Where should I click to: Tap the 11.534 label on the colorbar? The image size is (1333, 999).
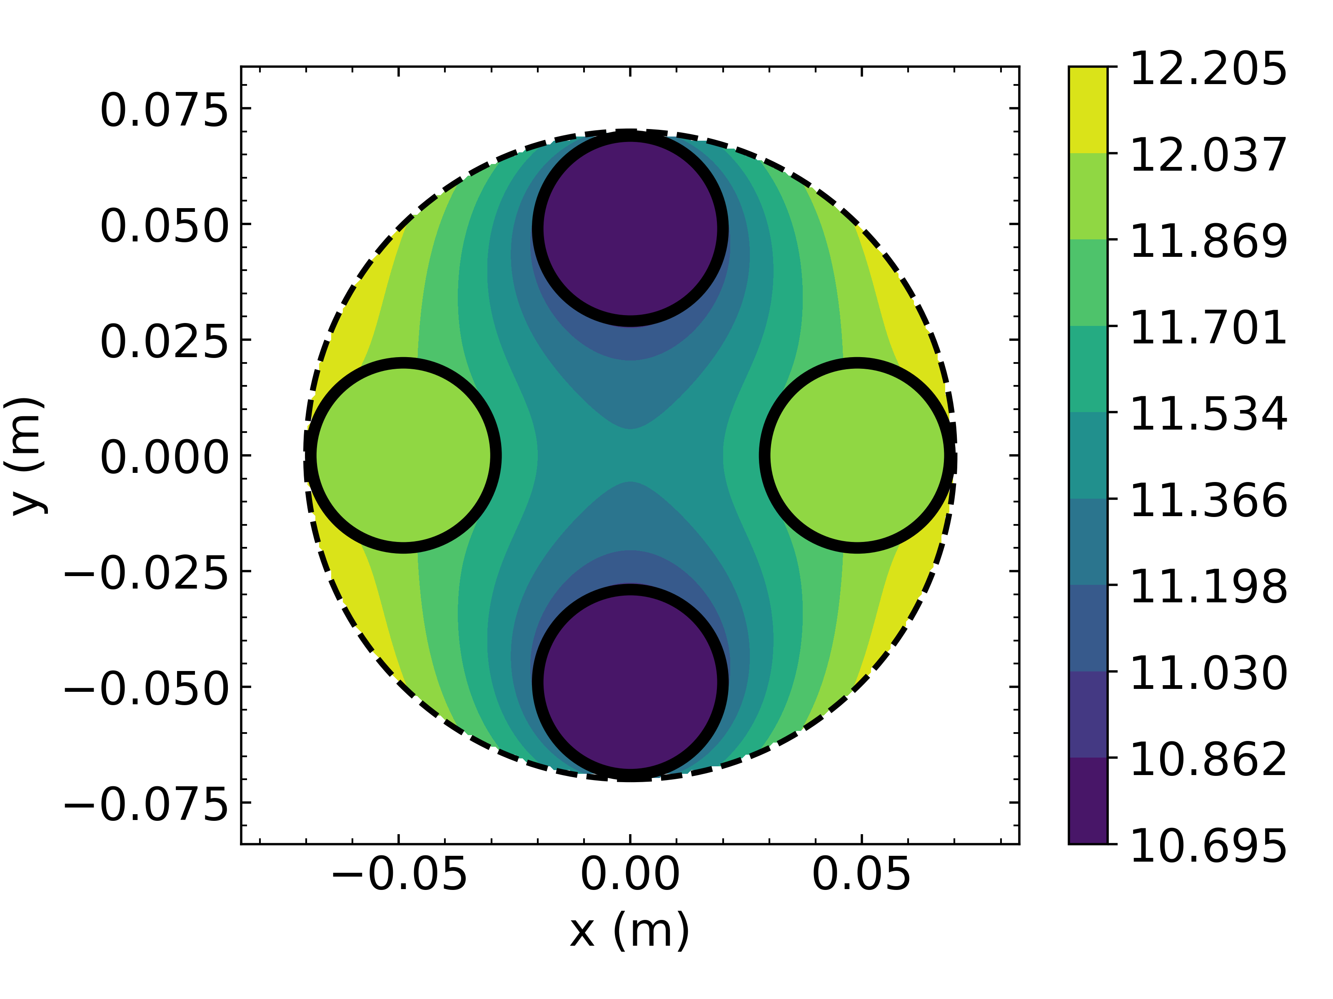tap(1208, 414)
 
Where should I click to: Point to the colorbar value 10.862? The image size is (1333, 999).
tap(1208, 759)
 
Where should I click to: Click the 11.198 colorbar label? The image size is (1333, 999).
tap(1208, 586)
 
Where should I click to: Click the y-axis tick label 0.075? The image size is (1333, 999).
tap(164, 111)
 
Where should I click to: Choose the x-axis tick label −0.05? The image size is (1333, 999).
tap(399, 875)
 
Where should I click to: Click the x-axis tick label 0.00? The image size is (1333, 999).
tap(630, 875)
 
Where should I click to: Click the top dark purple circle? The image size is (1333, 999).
tap(630, 229)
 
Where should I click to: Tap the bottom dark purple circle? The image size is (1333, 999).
tap(630, 682)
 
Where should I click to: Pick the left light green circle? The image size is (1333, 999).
tap(403, 455)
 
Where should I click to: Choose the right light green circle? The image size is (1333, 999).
tap(857, 455)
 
